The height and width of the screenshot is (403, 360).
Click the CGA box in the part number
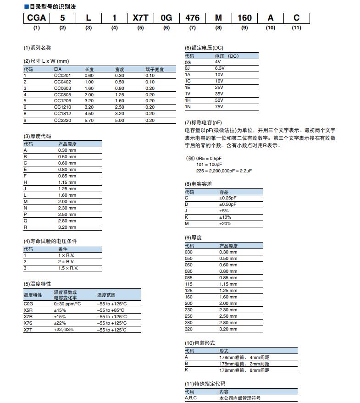[37, 18]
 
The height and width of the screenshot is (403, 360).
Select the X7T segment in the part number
[140, 18]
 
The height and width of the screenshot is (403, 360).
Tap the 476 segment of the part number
[192, 18]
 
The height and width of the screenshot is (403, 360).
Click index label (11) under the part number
[296, 28]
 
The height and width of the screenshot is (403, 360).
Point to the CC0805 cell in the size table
[61, 94]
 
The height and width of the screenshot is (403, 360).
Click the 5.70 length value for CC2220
[89, 120]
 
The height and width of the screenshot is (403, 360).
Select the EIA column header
[58, 69]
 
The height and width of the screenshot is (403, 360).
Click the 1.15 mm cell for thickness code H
[67, 182]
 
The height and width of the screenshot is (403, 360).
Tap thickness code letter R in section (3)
[26, 227]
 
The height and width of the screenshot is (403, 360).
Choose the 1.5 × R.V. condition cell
[68, 268]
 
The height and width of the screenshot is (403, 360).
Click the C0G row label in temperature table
[28, 304]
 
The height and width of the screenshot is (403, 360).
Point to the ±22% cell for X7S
[60, 323]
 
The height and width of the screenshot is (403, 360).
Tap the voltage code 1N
[188, 107]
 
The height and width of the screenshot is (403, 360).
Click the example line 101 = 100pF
[209, 164]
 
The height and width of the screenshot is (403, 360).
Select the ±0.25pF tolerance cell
[228, 198]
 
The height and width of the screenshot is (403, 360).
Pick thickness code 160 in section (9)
[189, 297]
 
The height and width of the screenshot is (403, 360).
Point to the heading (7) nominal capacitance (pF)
[203, 122]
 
